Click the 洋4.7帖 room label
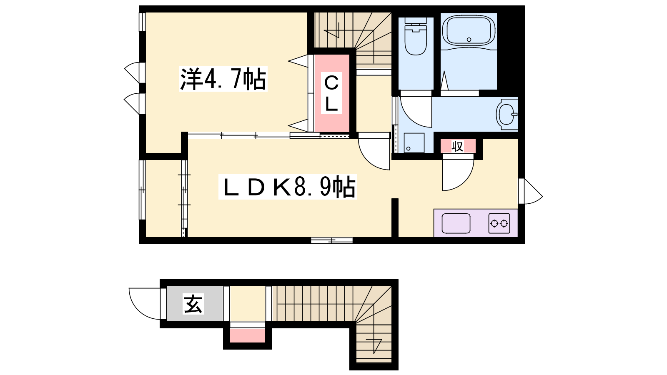pyautogui.click(x=223, y=79)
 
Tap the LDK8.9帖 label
pyautogui.click(x=288, y=187)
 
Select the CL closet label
pyautogui.click(x=331, y=93)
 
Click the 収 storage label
pyautogui.click(x=457, y=146)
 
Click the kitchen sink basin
pyautogui.click(x=456, y=223)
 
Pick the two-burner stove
pyautogui.click(x=499, y=223)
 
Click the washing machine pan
pyautogui.click(x=414, y=143)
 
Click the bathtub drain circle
pyautogui.click(x=469, y=39)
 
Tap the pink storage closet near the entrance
pyautogui.click(x=248, y=335)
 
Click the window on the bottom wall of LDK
pyautogui.click(x=332, y=240)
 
